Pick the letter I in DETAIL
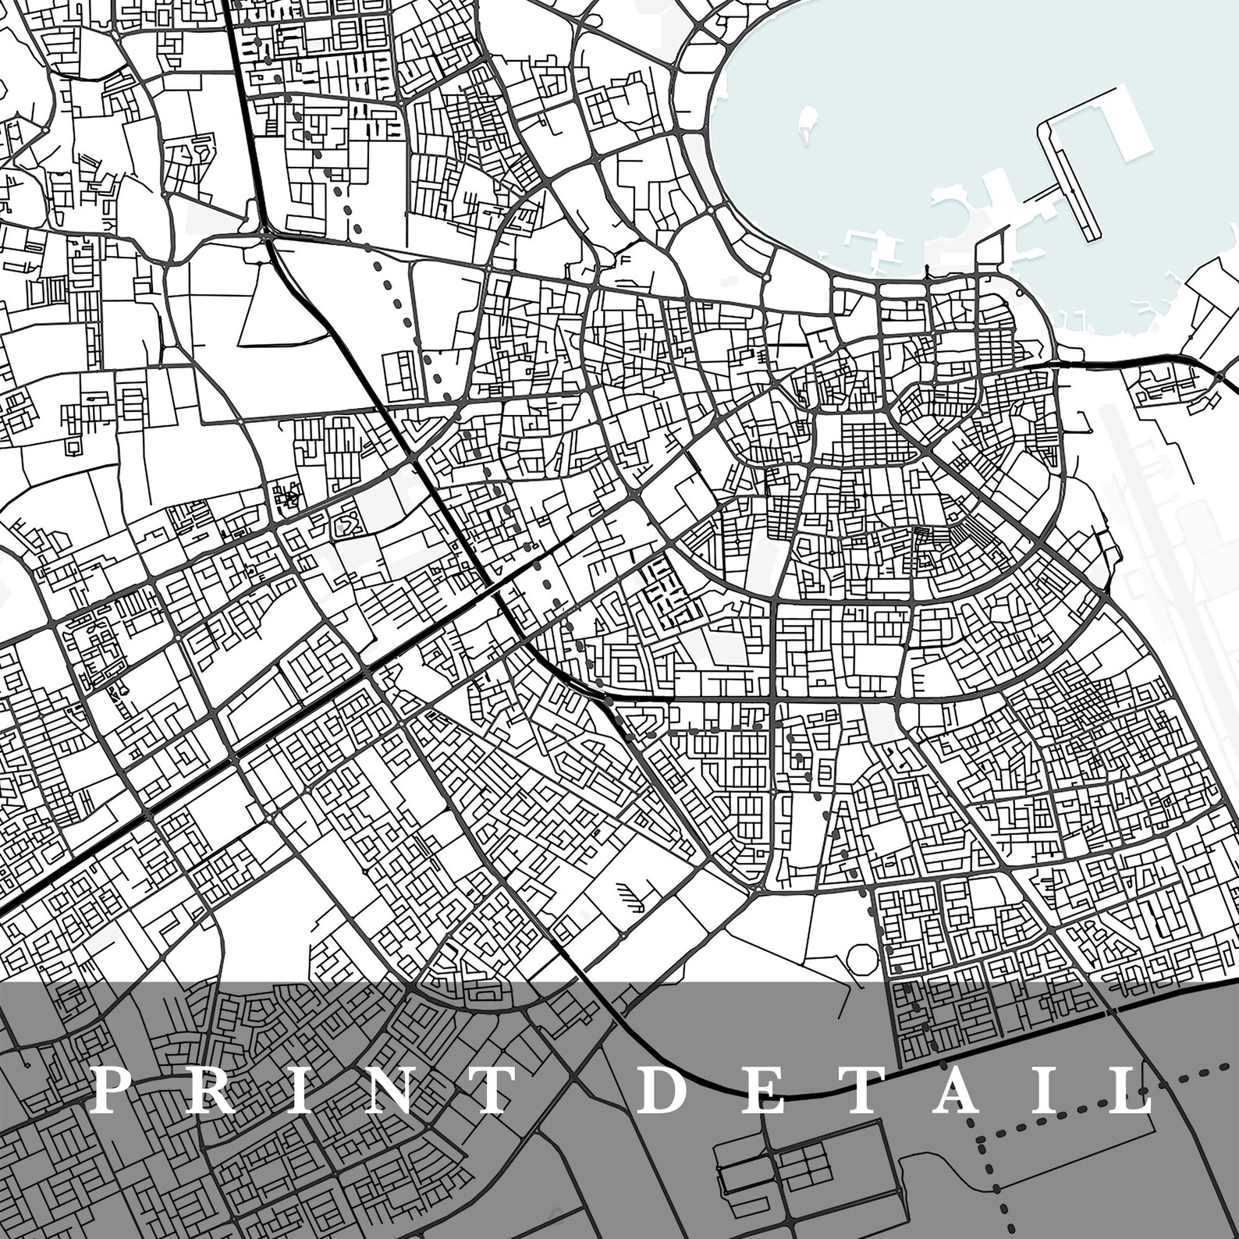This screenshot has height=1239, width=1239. tap(1048, 1089)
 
